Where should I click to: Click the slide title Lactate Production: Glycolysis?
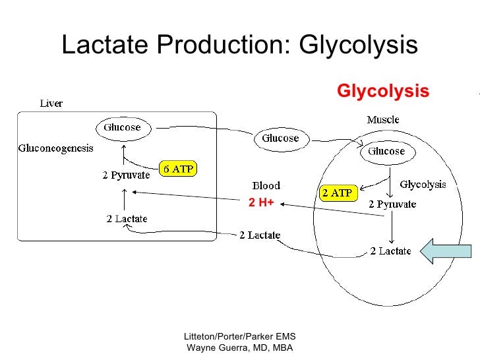pos(239,45)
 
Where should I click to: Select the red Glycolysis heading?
pos(383,90)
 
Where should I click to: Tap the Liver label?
pos(51,104)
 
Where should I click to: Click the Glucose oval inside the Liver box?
pos(122,127)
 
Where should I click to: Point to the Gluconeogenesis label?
pos(55,148)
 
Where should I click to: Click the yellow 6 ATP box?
pos(179,169)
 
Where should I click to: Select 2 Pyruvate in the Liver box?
pos(127,175)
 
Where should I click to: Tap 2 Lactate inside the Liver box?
pos(127,219)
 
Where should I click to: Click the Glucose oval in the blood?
pos(280,138)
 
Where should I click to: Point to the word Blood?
pos(266,186)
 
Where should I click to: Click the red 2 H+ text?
pos(261,203)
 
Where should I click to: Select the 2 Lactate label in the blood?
pos(259,235)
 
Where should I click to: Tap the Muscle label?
pos(382,120)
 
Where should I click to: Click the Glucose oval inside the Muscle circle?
pos(386,151)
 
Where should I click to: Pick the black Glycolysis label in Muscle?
pos(423,185)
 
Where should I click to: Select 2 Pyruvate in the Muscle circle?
pos(392,204)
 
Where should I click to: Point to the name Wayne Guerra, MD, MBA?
pos(240,348)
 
